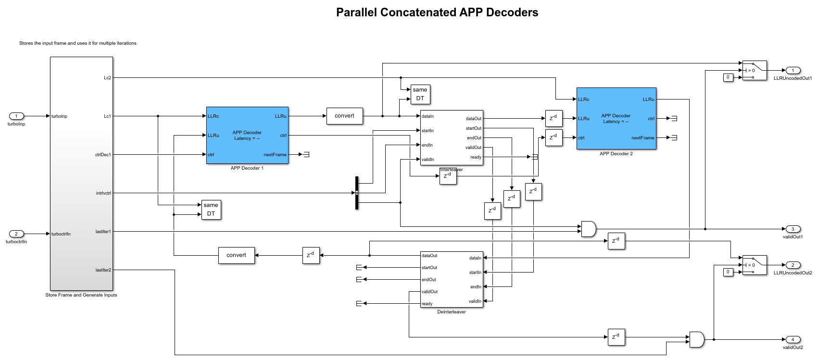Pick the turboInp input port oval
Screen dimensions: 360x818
pos(16,116)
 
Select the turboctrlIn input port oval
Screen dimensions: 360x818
pos(16,234)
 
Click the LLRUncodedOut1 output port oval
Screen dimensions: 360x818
pos(793,70)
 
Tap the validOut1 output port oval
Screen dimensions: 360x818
pos(793,229)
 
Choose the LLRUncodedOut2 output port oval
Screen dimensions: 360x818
pos(793,265)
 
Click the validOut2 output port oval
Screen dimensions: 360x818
pos(793,339)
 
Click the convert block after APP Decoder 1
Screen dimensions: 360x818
pos(344,116)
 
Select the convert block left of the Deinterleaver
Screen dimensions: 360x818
pos(236,255)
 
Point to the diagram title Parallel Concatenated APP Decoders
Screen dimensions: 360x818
pos(437,12)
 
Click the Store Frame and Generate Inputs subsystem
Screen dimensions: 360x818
pos(81,173)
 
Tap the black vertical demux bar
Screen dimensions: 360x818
pos(357,193)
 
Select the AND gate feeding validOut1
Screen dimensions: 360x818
pos(588,229)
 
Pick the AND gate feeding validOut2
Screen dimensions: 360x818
pos(696,339)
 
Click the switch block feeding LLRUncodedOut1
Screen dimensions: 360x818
pos(755,70)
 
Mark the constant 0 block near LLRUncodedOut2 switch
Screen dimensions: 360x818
pos(728,272)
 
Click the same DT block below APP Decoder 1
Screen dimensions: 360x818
pos(211,210)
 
